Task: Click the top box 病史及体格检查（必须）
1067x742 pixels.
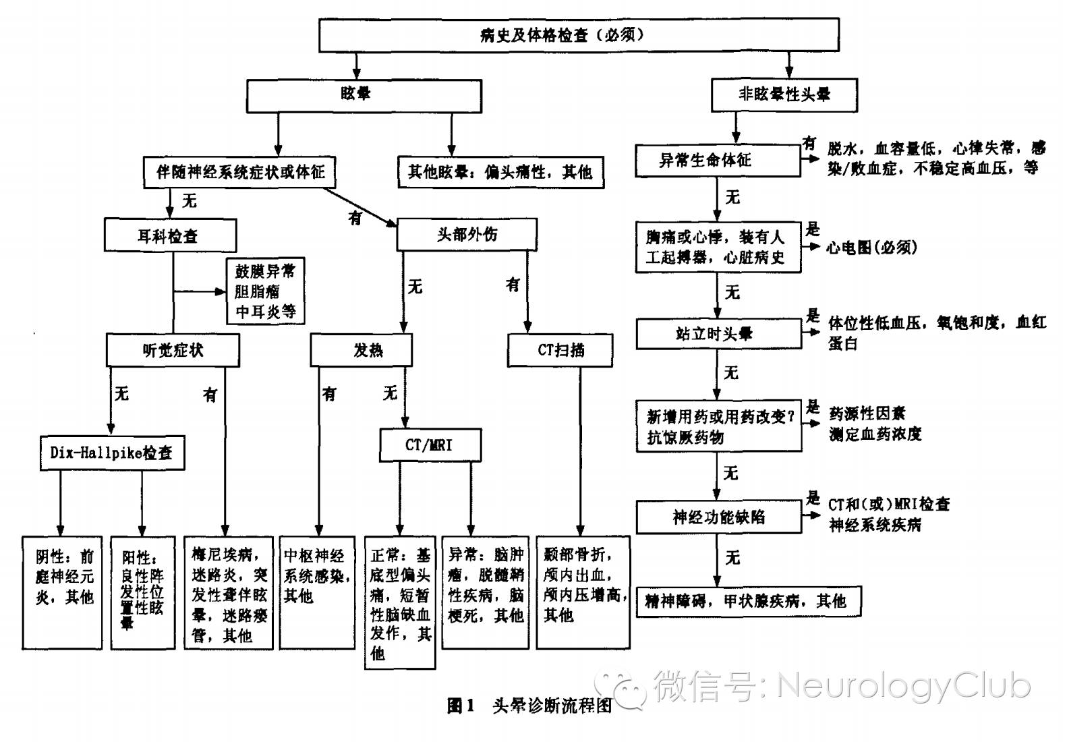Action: (x=578, y=34)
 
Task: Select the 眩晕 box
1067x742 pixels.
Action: (x=364, y=94)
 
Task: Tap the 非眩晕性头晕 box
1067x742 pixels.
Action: (x=784, y=94)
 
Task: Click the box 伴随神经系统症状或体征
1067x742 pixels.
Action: (x=240, y=172)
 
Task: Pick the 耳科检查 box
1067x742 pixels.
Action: (x=170, y=235)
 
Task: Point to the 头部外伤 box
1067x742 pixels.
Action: (x=467, y=235)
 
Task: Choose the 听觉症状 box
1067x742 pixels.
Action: (x=173, y=350)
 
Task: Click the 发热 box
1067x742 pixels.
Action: (x=361, y=350)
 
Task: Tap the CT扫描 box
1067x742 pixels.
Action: (x=560, y=350)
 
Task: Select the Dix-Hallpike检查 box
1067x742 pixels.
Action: (x=112, y=452)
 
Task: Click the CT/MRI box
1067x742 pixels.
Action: (x=430, y=445)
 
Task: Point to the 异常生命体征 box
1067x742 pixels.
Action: (x=718, y=161)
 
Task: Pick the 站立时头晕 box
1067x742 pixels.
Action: (x=718, y=334)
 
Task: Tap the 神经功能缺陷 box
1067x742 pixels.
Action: (x=718, y=517)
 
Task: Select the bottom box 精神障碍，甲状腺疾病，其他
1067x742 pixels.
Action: (x=749, y=601)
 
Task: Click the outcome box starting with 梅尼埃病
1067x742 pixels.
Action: (x=229, y=593)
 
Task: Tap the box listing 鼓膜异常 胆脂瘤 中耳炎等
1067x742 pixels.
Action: (x=265, y=291)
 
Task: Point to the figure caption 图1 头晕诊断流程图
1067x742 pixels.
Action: (x=529, y=706)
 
